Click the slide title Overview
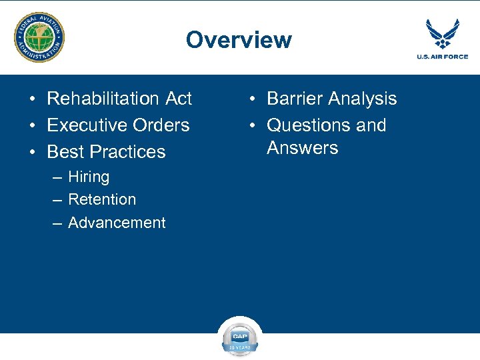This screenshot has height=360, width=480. tap(239, 40)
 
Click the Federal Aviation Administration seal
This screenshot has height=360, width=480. tap(40, 37)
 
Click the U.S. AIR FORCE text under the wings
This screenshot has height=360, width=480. tap(442, 57)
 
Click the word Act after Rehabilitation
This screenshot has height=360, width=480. tap(178, 99)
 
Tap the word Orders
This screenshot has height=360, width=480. tap(162, 125)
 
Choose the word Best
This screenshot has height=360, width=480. tap(65, 152)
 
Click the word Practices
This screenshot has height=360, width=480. tap(127, 152)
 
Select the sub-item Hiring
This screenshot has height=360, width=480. tap(89, 177)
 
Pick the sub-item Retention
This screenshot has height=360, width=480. tap(102, 199)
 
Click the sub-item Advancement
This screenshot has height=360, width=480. tap(117, 223)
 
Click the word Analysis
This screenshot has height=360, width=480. tap(366, 99)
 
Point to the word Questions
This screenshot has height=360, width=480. tap(309, 125)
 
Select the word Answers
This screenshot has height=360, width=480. tap(303, 148)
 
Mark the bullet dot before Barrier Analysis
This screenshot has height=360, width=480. tap(252, 99)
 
